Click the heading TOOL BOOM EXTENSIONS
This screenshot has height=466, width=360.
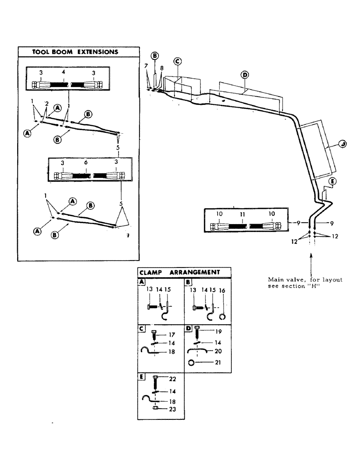(75, 52)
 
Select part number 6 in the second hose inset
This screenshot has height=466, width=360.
(86, 164)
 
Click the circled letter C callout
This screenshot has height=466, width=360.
(177, 62)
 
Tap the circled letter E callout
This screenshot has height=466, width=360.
(332, 181)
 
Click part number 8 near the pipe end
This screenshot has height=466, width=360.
(161, 68)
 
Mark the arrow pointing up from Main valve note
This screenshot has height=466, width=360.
(310, 261)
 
